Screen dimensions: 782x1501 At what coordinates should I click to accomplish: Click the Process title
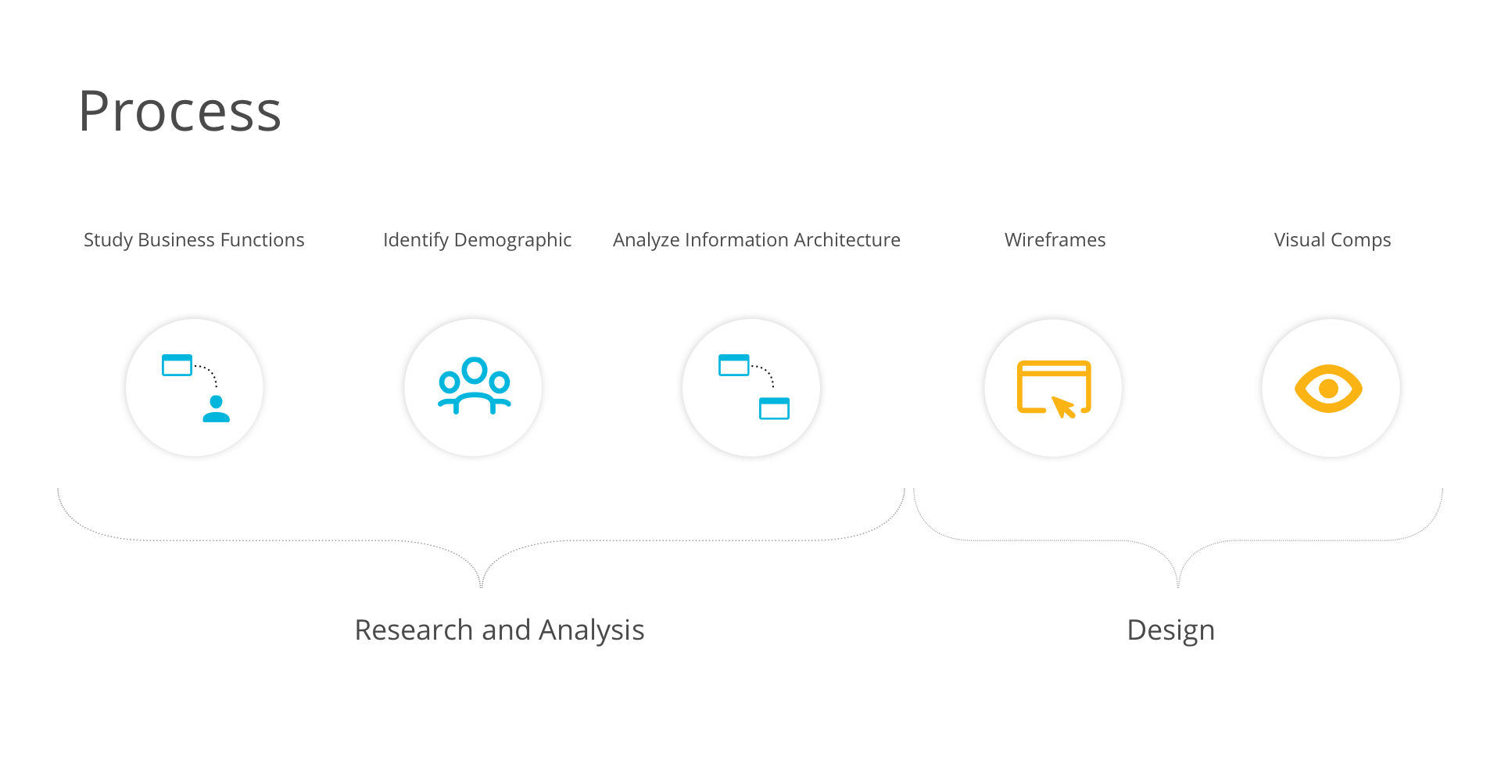(x=179, y=112)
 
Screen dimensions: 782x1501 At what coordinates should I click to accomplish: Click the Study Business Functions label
(x=194, y=240)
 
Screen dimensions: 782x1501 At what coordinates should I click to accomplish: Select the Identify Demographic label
(x=477, y=240)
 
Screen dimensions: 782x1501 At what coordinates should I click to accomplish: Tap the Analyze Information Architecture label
(x=756, y=240)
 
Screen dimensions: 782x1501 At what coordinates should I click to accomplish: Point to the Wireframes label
(x=1055, y=240)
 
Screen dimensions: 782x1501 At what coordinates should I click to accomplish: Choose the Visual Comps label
(x=1332, y=240)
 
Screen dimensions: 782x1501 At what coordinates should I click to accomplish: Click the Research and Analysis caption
(x=499, y=630)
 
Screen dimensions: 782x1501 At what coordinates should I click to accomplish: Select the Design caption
(x=1170, y=630)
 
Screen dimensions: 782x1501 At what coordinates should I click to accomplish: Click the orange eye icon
(x=1328, y=389)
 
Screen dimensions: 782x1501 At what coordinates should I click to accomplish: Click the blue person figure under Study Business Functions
(x=216, y=409)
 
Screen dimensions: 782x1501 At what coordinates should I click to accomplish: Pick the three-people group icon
(x=474, y=386)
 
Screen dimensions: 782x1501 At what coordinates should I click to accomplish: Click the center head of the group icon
(x=475, y=370)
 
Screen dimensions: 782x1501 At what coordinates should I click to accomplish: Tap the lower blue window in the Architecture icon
(x=774, y=409)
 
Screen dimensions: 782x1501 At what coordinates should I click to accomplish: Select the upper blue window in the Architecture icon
(x=733, y=365)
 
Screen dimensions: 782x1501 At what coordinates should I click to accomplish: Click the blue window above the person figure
(x=177, y=365)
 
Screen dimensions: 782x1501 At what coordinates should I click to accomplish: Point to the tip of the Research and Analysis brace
(x=482, y=585)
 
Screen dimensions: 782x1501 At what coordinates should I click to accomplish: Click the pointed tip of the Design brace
(x=1178, y=585)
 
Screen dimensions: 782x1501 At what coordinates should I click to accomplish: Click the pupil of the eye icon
(x=1328, y=389)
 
